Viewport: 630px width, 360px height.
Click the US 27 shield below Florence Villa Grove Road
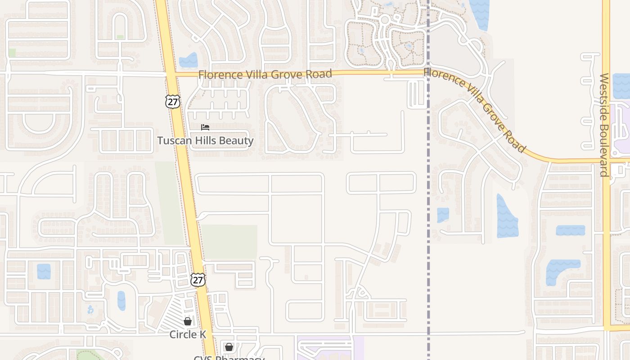pos(172,101)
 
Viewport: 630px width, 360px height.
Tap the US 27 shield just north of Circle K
pos(198,279)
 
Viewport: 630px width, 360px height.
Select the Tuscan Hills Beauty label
pos(205,141)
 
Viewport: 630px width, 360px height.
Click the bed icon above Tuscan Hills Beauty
pos(205,127)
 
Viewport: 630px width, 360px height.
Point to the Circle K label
pos(188,334)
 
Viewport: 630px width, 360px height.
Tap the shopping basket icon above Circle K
pos(188,321)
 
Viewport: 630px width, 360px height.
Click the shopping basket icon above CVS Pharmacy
pos(229,347)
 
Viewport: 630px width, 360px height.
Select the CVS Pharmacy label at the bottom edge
pos(229,358)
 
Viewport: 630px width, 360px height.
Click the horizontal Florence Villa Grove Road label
pos(265,74)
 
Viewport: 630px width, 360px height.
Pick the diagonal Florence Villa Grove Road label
pos(475,109)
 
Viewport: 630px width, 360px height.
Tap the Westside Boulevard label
pos(604,125)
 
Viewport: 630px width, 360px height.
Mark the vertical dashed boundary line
pos(428,225)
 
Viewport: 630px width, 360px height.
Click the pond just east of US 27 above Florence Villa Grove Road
pos(189,61)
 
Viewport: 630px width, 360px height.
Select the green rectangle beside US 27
pos(229,242)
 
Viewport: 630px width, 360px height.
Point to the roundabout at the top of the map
pos(385,20)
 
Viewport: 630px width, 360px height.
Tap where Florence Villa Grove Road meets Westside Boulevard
pos(606,161)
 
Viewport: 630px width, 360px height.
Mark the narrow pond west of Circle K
pos(121,301)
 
